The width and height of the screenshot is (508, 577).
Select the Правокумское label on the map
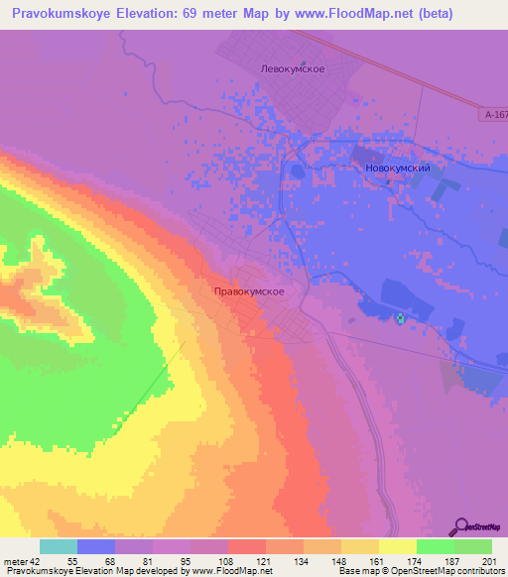(250, 291)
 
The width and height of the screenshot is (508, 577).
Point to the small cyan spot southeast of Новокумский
(401, 318)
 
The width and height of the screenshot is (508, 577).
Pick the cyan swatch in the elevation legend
(59, 546)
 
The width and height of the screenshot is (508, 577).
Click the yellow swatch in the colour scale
(397, 546)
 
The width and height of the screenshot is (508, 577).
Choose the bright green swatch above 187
(436, 546)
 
